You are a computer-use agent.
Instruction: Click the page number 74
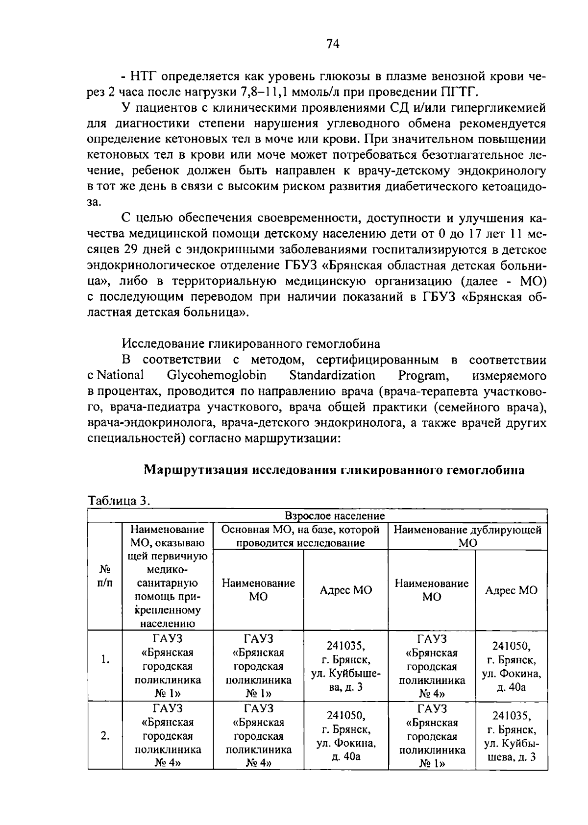tap(333, 45)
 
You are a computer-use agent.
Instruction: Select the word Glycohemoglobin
tap(217, 376)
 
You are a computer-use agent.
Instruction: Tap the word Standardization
tap(332, 376)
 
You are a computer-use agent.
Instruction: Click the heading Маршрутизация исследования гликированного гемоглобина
tap(334, 470)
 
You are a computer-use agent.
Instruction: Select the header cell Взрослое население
tap(335, 516)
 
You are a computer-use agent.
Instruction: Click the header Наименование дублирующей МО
tap(467, 536)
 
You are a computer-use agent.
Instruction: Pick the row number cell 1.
tap(105, 659)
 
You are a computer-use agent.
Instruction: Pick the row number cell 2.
tap(105, 735)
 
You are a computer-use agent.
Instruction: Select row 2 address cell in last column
tap(511, 736)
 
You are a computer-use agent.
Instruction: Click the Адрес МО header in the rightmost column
tap(511, 590)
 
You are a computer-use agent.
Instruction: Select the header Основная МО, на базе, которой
tap(300, 530)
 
